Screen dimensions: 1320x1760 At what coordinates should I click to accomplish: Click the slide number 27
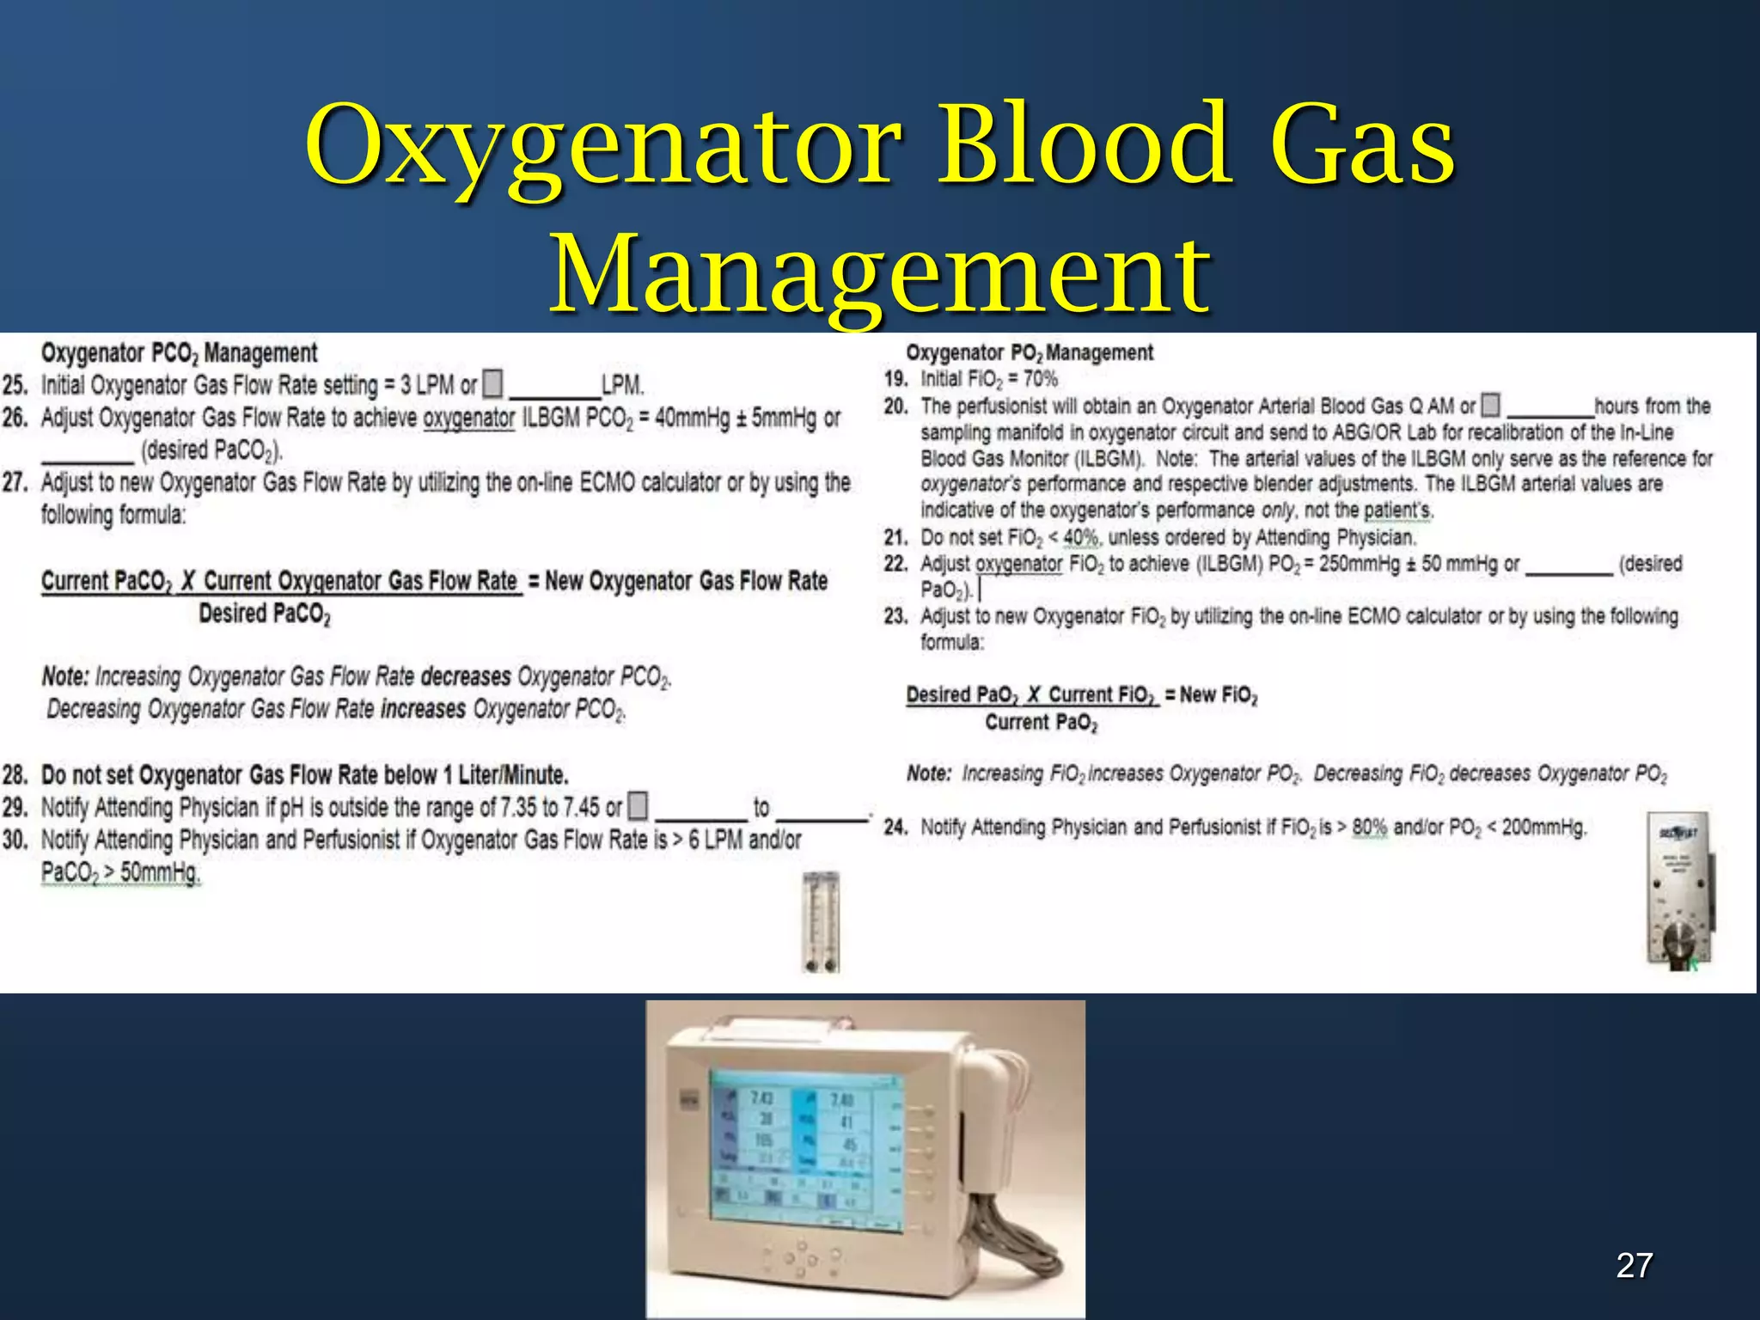pyautogui.click(x=1634, y=1266)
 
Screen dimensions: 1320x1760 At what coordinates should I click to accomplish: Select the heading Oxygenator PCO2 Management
pyautogui.click(x=179, y=353)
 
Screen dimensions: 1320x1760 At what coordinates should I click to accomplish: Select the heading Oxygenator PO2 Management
pyautogui.click(x=1029, y=352)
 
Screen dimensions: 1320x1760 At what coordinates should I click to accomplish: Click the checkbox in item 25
pyautogui.click(x=492, y=383)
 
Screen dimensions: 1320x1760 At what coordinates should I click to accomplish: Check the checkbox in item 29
pyautogui.click(x=638, y=806)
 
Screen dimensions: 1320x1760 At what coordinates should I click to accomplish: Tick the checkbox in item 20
pyautogui.click(x=1491, y=405)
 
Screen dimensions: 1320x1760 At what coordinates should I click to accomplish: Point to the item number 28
pyautogui.click(x=15, y=774)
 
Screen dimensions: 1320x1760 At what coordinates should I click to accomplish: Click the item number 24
pyautogui.click(x=895, y=827)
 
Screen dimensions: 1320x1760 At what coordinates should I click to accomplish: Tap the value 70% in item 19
pyautogui.click(x=1040, y=379)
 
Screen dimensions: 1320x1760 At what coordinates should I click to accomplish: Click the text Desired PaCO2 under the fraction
pyautogui.click(x=265, y=614)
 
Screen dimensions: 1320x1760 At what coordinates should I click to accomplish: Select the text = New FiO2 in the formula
pyautogui.click(x=1211, y=694)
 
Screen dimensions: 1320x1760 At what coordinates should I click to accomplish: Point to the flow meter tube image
pyautogui.click(x=820, y=921)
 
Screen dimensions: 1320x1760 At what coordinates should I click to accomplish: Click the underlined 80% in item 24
pyautogui.click(x=1369, y=827)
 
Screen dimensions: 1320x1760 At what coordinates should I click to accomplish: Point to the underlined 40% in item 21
pyautogui.click(x=1080, y=538)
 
